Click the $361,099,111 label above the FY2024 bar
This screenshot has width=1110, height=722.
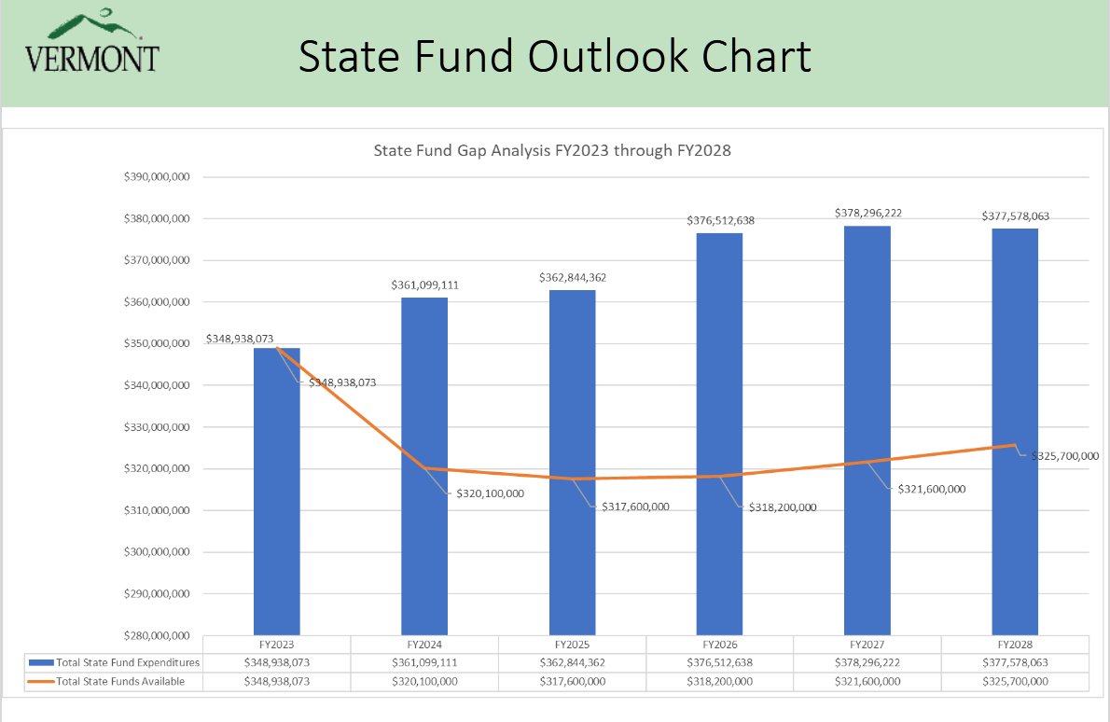pyautogui.click(x=424, y=285)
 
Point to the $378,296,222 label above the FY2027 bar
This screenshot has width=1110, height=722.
pyautogui.click(x=867, y=214)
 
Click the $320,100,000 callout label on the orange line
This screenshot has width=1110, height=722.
pyautogui.click(x=490, y=493)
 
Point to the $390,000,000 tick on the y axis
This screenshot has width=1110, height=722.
pyautogui.click(x=158, y=177)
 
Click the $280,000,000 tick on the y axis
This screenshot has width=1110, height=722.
pyautogui.click(x=158, y=635)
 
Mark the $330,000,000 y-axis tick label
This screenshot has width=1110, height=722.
pyautogui.click(x=158, y=427)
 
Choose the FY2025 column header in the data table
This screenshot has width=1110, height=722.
pyautogui.click(x=572, y=645)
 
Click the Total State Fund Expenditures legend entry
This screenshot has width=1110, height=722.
pyautogui.click(x=116, y=662)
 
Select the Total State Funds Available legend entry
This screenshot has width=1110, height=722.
pyautogui.click(x=107, y=682)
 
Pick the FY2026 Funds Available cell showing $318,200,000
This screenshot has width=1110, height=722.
pyautogui.click(x=719, y=682)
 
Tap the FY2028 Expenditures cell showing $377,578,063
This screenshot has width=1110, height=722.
pyautogui.click(x=1015, y=662)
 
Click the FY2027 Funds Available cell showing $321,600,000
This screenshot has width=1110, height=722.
pyautogui.click(x=867, y=682)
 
